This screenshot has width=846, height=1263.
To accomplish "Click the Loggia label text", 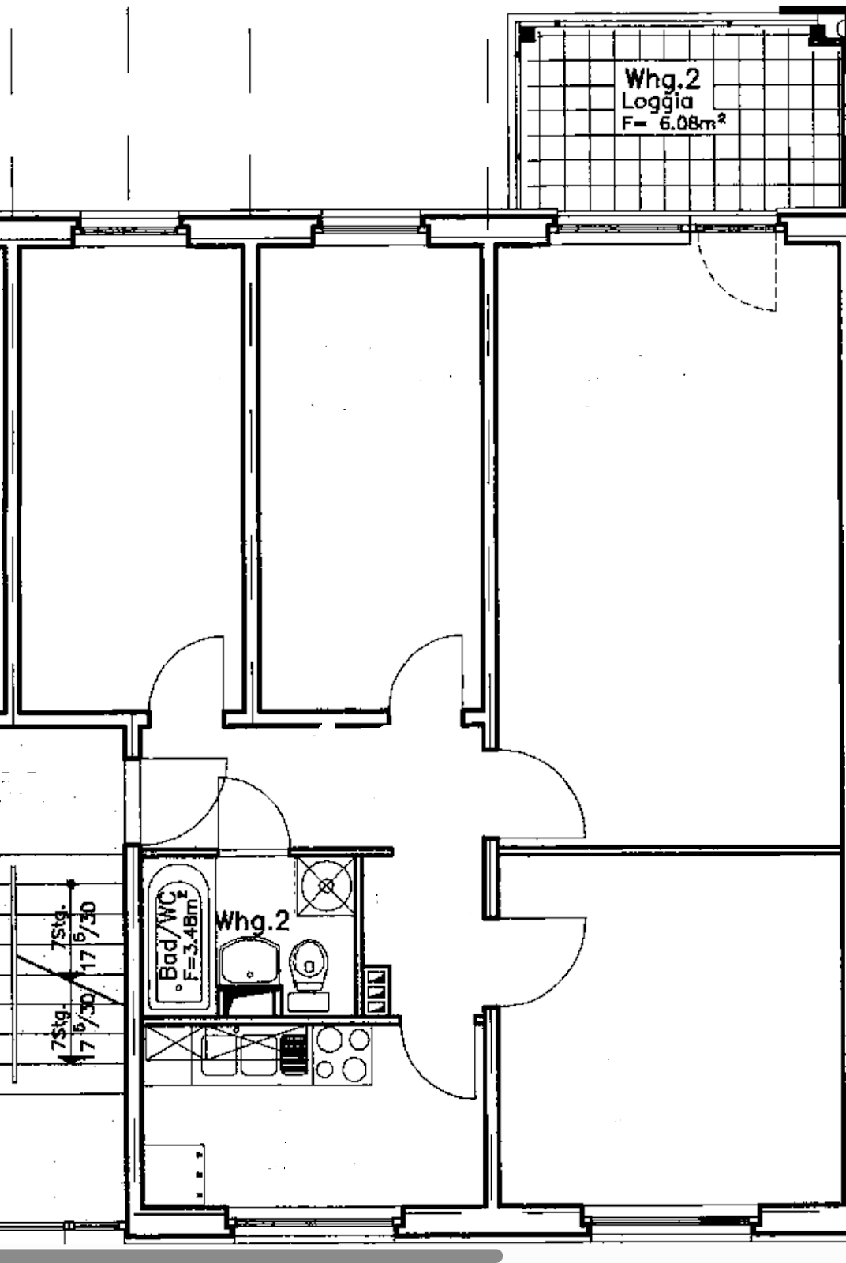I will [657, 102].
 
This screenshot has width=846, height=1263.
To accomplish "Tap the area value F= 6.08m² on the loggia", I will [673, 123].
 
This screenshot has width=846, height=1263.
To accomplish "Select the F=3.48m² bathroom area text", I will [188, 935].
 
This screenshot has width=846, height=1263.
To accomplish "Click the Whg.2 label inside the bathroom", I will [253, 920].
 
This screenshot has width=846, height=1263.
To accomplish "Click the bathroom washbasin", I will [249, 960].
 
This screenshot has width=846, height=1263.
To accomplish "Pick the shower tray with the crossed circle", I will [326, 885].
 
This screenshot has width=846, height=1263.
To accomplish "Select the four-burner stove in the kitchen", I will [342, 1054].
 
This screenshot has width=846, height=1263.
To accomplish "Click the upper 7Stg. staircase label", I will [59, 931].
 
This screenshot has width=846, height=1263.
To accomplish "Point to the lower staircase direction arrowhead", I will [71, 1056].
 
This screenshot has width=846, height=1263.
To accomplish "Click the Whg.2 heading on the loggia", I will [662, 79].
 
